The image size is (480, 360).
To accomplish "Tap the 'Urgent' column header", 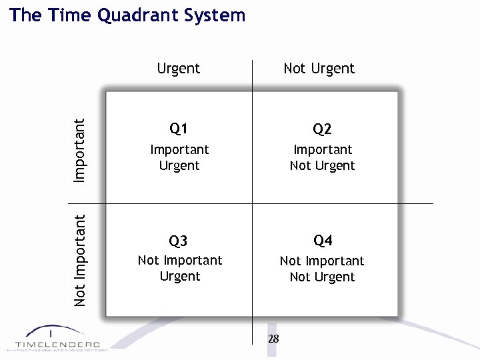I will point(179,68).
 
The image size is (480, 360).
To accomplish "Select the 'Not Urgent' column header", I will point(319,68).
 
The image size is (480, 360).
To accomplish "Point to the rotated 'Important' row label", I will point(79,150).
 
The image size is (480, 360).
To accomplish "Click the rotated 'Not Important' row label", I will point(80,260).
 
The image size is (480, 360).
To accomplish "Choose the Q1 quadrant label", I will point(179,128).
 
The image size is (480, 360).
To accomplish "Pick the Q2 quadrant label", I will point(323,128).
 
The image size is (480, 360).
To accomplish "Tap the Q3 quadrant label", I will point(179,241).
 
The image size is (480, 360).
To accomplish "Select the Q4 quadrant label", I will point(323,240).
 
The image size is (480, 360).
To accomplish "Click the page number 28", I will point(273,339).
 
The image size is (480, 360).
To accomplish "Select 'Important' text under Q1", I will point(179,149).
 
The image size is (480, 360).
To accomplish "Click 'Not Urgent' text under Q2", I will point(323,165).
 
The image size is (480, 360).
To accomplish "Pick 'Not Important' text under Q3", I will point(180,260).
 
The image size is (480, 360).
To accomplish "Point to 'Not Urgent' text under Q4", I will point(323,277).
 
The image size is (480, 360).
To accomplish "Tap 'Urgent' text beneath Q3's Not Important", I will point(180,276).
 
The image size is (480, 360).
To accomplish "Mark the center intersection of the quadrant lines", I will point(253,203).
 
